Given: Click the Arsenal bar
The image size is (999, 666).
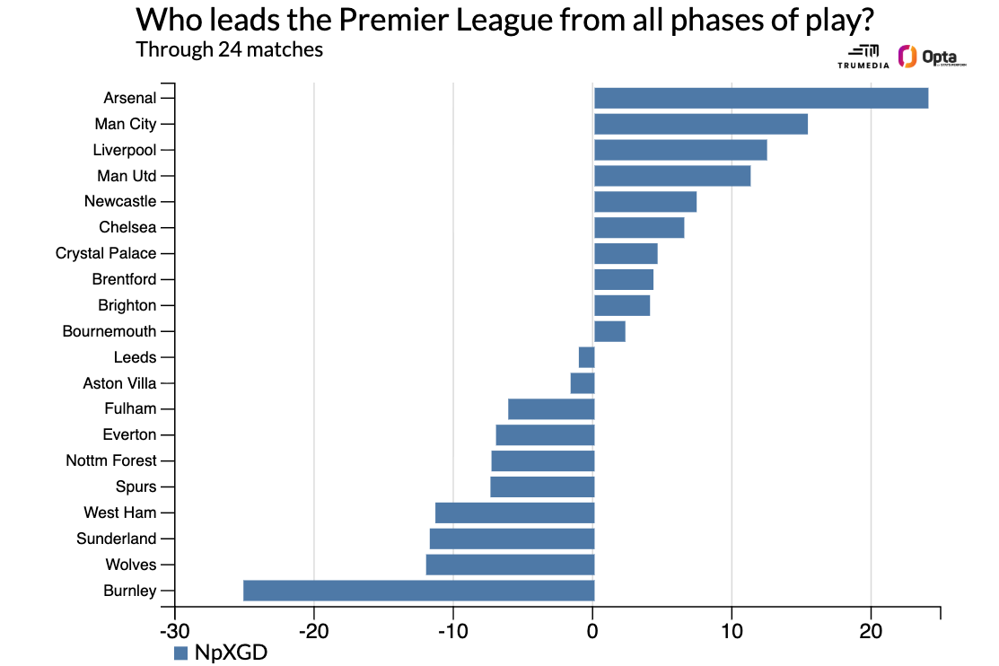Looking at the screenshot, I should (x=761, y=98).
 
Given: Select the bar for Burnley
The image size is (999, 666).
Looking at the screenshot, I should (x=419, y=591).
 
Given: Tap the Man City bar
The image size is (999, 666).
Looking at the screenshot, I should (x=701, y=124).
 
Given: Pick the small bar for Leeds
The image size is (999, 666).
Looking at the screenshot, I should (x=586, y=357).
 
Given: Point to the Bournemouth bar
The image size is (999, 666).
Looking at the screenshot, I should (x=609, y=331).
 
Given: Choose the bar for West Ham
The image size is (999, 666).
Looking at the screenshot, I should (x=515, y=513).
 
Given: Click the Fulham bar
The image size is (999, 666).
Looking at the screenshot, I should (x=551, y=409).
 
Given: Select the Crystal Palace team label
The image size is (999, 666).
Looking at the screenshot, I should (x=106, y=253).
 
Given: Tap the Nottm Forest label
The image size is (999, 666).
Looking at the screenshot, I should (x=111, y=460).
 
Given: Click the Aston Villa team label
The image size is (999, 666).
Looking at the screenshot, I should (x=119, y=383).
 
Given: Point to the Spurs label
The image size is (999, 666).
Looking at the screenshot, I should (x=136, y=486).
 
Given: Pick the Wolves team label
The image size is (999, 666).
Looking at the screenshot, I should (x=131, y=565).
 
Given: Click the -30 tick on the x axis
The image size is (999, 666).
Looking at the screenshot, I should (x=174, y=632).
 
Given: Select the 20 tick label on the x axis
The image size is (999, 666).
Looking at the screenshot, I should (x=870, y=632).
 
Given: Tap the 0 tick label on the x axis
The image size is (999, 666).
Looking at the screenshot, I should (x=592, y=632).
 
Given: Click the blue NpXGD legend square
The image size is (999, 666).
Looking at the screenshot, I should (x=180, y=653).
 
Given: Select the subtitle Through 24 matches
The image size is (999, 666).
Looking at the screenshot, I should (x=229, y=49).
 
